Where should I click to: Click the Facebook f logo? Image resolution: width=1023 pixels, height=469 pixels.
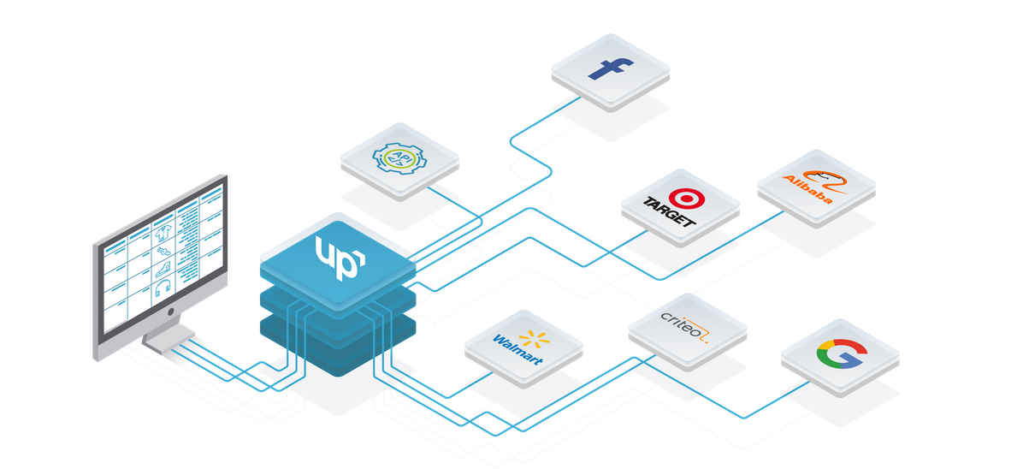click(608, 68)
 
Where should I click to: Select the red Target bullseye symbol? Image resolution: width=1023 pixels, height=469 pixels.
click(683, 199)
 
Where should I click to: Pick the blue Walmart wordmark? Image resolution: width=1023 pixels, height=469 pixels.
click(517, 349)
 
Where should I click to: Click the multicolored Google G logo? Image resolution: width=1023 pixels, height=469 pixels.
click(839, 354)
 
